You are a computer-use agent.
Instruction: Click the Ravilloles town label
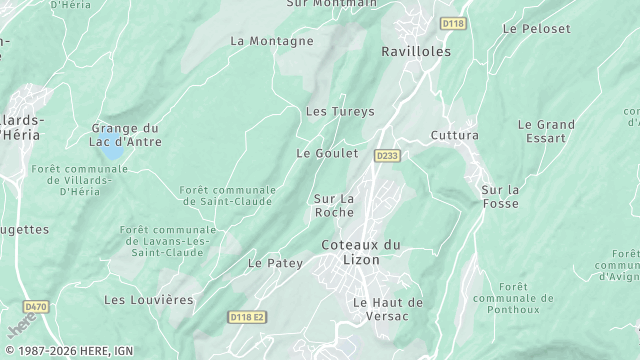point(417,51)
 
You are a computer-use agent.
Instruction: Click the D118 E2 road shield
point(248,317)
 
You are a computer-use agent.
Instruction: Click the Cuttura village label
point(455,135)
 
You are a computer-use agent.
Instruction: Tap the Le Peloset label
point(537,29)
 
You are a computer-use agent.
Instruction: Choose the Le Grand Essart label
point(546,132)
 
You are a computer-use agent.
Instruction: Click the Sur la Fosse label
point(500,196)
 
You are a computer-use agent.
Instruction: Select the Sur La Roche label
point(334,205)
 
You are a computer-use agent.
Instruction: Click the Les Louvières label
point(149,299)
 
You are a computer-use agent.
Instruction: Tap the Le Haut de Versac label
point(389,309)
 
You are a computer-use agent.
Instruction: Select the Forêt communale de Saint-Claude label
point(227,195)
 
